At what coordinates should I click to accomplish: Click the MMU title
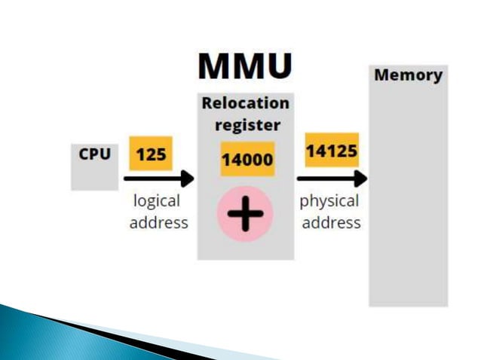245,66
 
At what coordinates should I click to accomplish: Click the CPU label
95,154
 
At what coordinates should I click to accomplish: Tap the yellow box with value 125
151,155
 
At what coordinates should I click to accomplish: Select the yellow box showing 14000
247,159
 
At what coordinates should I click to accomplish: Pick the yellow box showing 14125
331,152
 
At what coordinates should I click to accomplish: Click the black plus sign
246,214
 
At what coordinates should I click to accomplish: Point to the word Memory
408,75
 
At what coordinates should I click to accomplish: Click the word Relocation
245,103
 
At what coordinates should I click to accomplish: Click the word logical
157,202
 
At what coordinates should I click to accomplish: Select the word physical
329,202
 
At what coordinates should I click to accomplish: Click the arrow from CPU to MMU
155,179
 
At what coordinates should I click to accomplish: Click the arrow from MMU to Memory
328,179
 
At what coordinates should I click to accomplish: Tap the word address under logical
158,223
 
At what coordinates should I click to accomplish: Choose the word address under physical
331,223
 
